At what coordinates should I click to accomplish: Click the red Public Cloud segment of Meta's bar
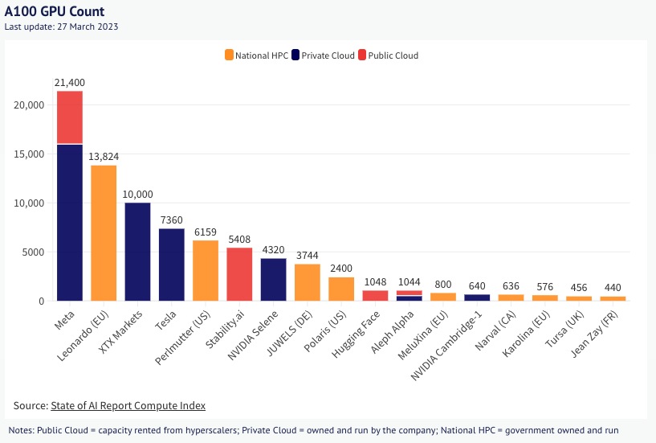[69, 117]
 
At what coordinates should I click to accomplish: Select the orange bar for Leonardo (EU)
[104, 233]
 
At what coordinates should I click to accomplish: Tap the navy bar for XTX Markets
[137, 252]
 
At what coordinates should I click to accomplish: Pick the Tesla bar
[172, 265]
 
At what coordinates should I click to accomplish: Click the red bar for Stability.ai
[240, 274]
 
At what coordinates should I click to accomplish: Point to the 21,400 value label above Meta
[69, 83]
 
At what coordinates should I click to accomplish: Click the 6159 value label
[206, 232]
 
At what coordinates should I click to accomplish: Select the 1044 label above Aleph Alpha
[409, 282]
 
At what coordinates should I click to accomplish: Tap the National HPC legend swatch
[229, 55]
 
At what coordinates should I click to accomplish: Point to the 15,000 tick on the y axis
[31, 154]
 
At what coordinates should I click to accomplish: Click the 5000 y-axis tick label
[34, 252]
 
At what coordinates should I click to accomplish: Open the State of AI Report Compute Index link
[128, 405]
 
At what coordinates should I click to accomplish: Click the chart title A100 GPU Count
[54, 12]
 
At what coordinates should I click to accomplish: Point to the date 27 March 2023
[91, 27]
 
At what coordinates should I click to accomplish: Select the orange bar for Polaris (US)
[341, 289]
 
